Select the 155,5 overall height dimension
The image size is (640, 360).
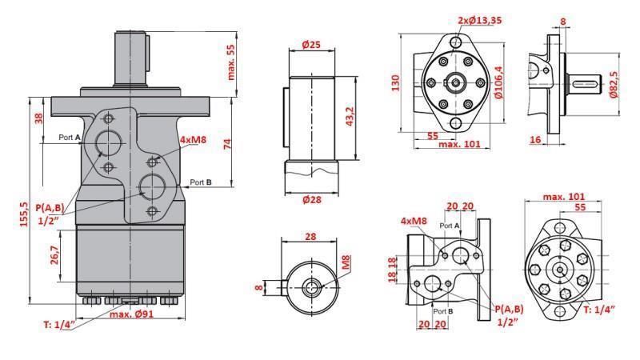click(24, 214)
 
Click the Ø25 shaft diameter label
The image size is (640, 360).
click(311, 46)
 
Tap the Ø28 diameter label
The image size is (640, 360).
click(311, 199)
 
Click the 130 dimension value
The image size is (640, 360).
click(395, 83)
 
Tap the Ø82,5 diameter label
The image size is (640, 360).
click(614, 82)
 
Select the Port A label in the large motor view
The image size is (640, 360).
click(70, 137)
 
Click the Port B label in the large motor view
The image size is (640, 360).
click(201, 182)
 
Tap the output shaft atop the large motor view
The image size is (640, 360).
click(132, 56)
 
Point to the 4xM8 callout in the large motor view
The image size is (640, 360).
click(193, 140)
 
